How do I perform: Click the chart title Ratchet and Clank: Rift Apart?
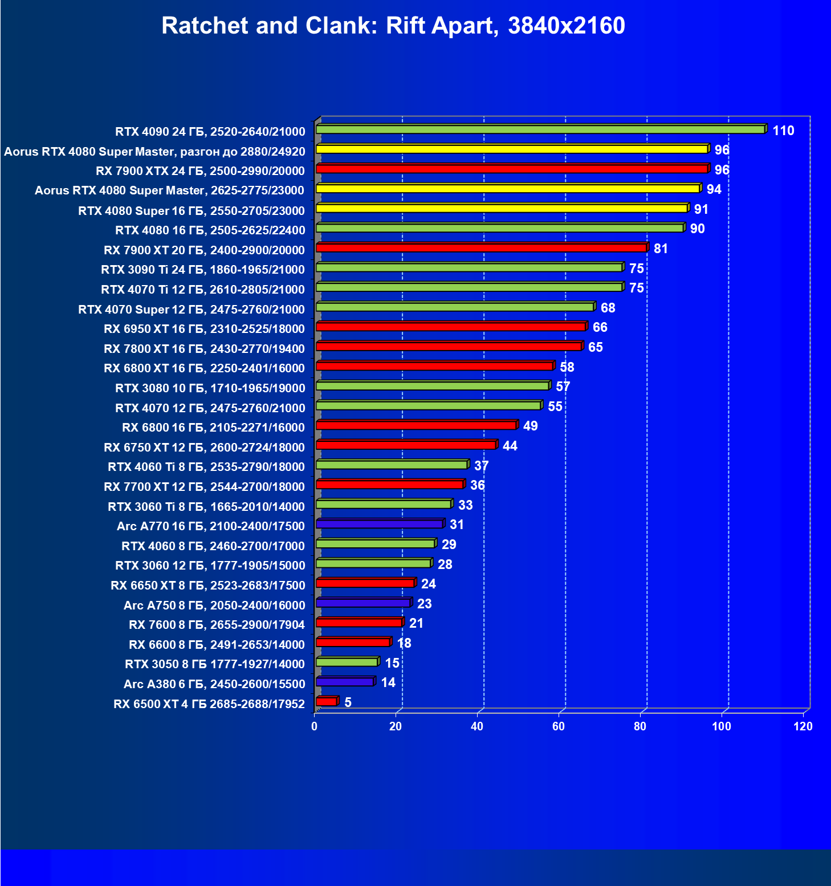tap(393, 26)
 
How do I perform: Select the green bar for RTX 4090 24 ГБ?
tap(540, 130)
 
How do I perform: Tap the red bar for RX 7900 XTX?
tap(511, 169)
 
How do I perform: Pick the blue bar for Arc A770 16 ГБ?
tap(379, 524)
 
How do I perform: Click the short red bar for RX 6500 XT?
tap(327, 702)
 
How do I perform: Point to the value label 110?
tap(783, 131)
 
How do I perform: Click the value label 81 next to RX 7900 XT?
tap(661, 249)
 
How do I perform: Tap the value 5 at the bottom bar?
tap(348, 702)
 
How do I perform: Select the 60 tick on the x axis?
tap(559, 726)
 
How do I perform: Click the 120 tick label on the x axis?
tap(803, 726)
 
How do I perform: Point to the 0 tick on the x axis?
tap(314, 726)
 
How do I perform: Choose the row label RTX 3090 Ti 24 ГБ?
tap(203, 270)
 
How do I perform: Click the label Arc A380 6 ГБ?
tap(214, 684)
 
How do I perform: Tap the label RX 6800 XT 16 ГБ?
tap(204, 368)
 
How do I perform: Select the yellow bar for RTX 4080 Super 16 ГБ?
tap(502, 209)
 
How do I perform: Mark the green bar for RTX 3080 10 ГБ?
tap(432, 386)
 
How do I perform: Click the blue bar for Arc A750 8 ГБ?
tap(363, 603)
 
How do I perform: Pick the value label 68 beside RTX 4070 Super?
tap(608, 308)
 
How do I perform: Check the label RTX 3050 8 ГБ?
tap(215, 664)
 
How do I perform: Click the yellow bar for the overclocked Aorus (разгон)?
tap(511, 149)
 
